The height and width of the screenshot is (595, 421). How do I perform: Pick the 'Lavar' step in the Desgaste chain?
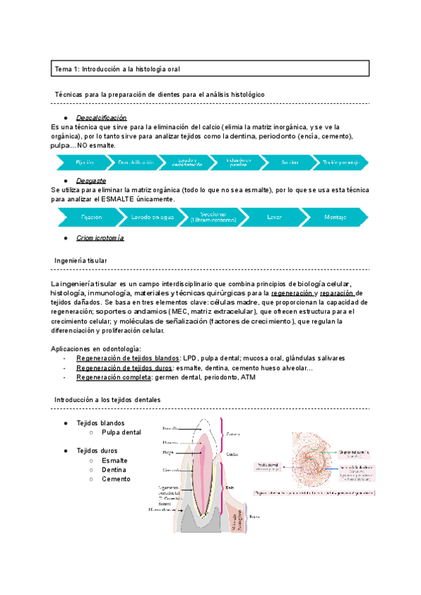tap(274, 218)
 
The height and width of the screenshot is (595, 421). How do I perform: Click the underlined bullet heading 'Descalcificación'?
tap(101, 117)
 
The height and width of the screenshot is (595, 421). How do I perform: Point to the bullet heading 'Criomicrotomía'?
tap(100, 238)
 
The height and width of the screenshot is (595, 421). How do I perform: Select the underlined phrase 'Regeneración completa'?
tap(114, 377)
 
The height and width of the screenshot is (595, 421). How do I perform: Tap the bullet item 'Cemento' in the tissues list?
tap(116, 479)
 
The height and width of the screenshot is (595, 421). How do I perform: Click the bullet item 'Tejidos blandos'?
tap(100, 423)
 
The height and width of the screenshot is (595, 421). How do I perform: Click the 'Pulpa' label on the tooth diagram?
tap(168, 453)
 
